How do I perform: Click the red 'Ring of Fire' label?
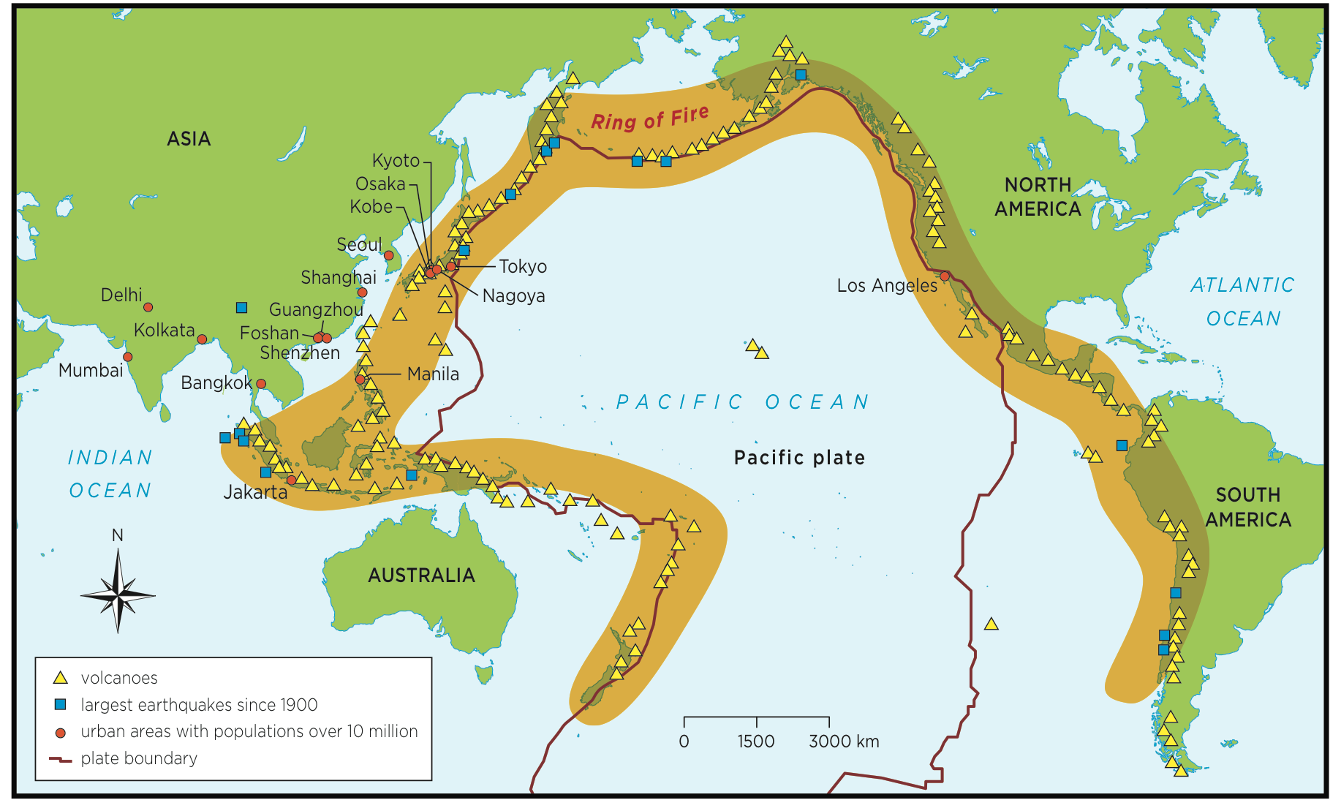point(649,118)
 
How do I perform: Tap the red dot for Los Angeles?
point(945,276)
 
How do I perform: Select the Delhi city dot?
point(148,307)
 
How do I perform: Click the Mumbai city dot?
point(128,357)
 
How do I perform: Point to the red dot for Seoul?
point(389,255)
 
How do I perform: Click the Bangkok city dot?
point(261,384)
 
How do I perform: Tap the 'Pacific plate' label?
point(799,458)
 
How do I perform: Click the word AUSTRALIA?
point(421,576)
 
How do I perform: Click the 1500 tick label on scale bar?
point(755,741)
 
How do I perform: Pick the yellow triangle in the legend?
point(61,678)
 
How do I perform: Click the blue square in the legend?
point(61,704)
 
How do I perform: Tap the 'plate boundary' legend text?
point(139,758)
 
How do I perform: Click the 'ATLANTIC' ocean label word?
point(1242,285)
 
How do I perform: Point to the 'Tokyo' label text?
point(523,267)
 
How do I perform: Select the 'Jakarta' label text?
point(255,492)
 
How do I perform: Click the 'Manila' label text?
point(433,374)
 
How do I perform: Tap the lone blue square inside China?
point(241,308)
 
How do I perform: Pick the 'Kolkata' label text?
point(164,331)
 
